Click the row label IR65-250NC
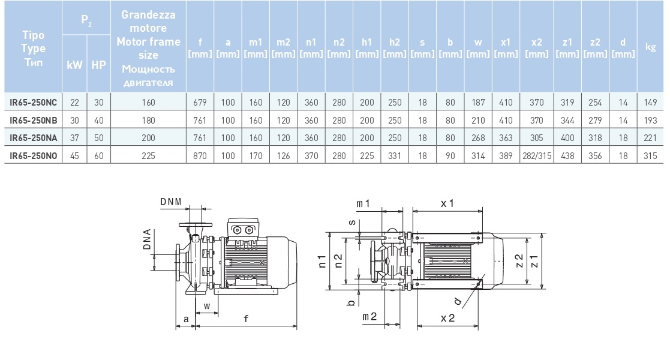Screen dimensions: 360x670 (34, 103)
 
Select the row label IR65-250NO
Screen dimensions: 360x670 (34, 155)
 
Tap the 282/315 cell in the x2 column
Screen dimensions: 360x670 (536, 155)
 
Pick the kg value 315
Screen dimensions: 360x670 (650, 155)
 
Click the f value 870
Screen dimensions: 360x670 (200, 155)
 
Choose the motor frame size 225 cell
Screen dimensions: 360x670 (148, 155)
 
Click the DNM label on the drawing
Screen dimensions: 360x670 (170, 203)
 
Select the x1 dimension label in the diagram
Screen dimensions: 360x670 (447, 204)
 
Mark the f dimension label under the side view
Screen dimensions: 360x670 (246, 320)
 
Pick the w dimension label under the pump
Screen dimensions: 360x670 (207, 306)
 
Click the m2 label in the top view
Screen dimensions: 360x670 (369, 316)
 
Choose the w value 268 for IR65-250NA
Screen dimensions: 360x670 (478, 137)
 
